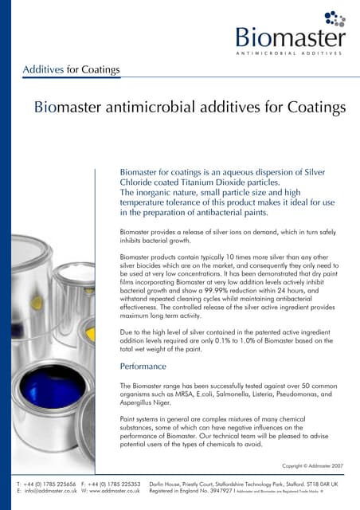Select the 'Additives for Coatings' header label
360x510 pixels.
click(x=72, y=69)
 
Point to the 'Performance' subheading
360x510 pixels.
click(x=143, y=367)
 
